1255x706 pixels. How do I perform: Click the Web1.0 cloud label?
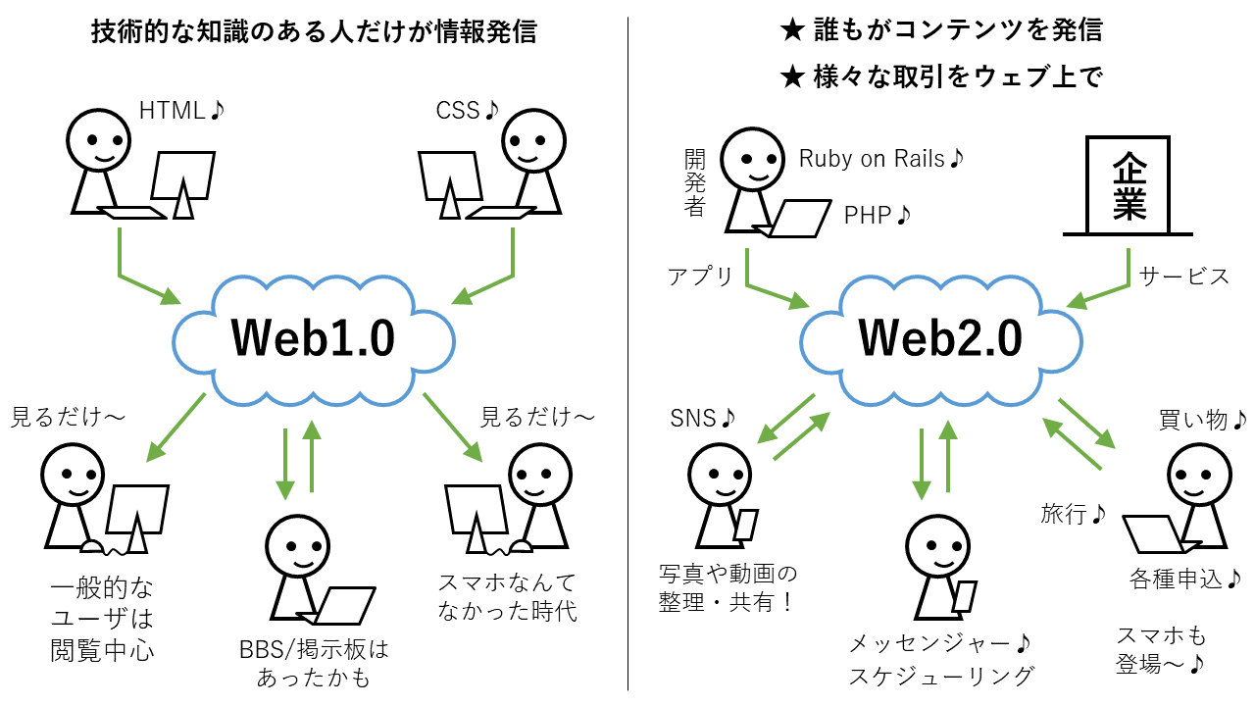[x=313, y=338]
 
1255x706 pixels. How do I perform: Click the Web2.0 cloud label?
[x=940, y=338]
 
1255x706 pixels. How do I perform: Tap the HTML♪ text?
[x=181, y=111]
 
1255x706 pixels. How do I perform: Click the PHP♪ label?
[x=878, y=215]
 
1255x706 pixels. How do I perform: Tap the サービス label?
[x=1183, y=277]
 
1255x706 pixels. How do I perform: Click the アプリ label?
[x=700, y=277]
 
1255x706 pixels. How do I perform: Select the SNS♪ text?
[x=702, y=419]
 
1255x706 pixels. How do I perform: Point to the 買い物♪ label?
[x=1202, y=420]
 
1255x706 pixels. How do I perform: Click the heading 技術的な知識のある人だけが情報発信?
[x=314, y=32]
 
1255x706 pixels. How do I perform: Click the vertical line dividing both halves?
[x=627, y=353]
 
